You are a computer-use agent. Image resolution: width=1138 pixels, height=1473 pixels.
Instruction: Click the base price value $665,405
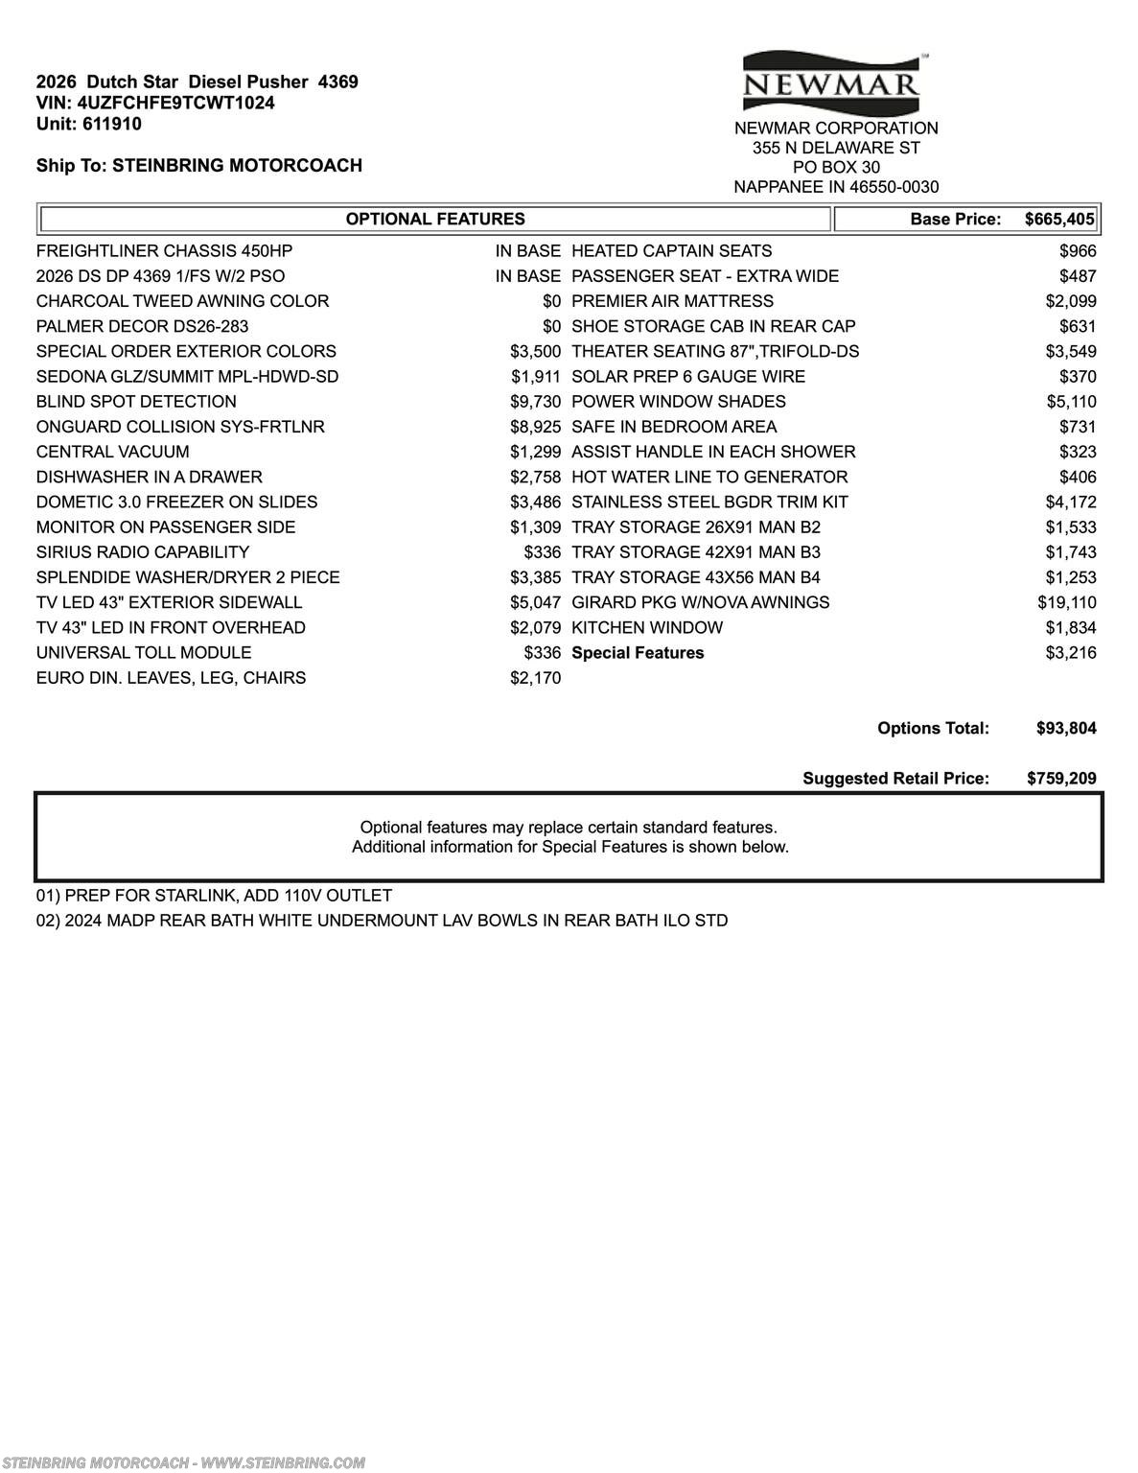(1058, 219)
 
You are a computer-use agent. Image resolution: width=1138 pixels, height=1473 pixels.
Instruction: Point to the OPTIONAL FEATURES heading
(435, 219)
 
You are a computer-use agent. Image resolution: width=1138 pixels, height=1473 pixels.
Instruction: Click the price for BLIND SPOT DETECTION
(535, 402)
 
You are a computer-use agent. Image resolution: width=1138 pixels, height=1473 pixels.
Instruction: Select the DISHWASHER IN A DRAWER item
(149, 477)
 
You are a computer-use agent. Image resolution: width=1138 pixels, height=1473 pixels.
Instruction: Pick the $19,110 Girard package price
(1066, 602)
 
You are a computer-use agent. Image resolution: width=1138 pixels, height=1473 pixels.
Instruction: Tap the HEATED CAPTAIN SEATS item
(671, 251)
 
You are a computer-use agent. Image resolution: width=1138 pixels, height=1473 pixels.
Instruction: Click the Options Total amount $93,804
(1066, 728)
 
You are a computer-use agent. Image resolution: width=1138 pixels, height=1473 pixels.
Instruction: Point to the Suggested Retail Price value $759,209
(1061, 779)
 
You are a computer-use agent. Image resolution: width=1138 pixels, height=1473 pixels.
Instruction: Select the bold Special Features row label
(638, 653)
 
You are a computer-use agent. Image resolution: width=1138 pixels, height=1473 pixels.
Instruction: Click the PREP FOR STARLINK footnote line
(214, 896)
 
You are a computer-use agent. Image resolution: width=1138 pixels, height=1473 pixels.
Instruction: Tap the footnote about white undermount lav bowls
(382, 921)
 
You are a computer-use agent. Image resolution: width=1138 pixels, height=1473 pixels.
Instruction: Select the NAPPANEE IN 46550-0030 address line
(836, 187)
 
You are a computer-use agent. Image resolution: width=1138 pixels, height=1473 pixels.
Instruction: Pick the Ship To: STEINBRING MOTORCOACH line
(198, 165)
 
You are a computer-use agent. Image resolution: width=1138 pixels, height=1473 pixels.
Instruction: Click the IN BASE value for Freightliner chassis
(527, 251)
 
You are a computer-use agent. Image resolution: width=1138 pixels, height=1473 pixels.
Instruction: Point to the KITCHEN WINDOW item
(647, 628)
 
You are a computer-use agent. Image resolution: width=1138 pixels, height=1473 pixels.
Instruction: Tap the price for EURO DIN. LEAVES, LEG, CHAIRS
(535, 678)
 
